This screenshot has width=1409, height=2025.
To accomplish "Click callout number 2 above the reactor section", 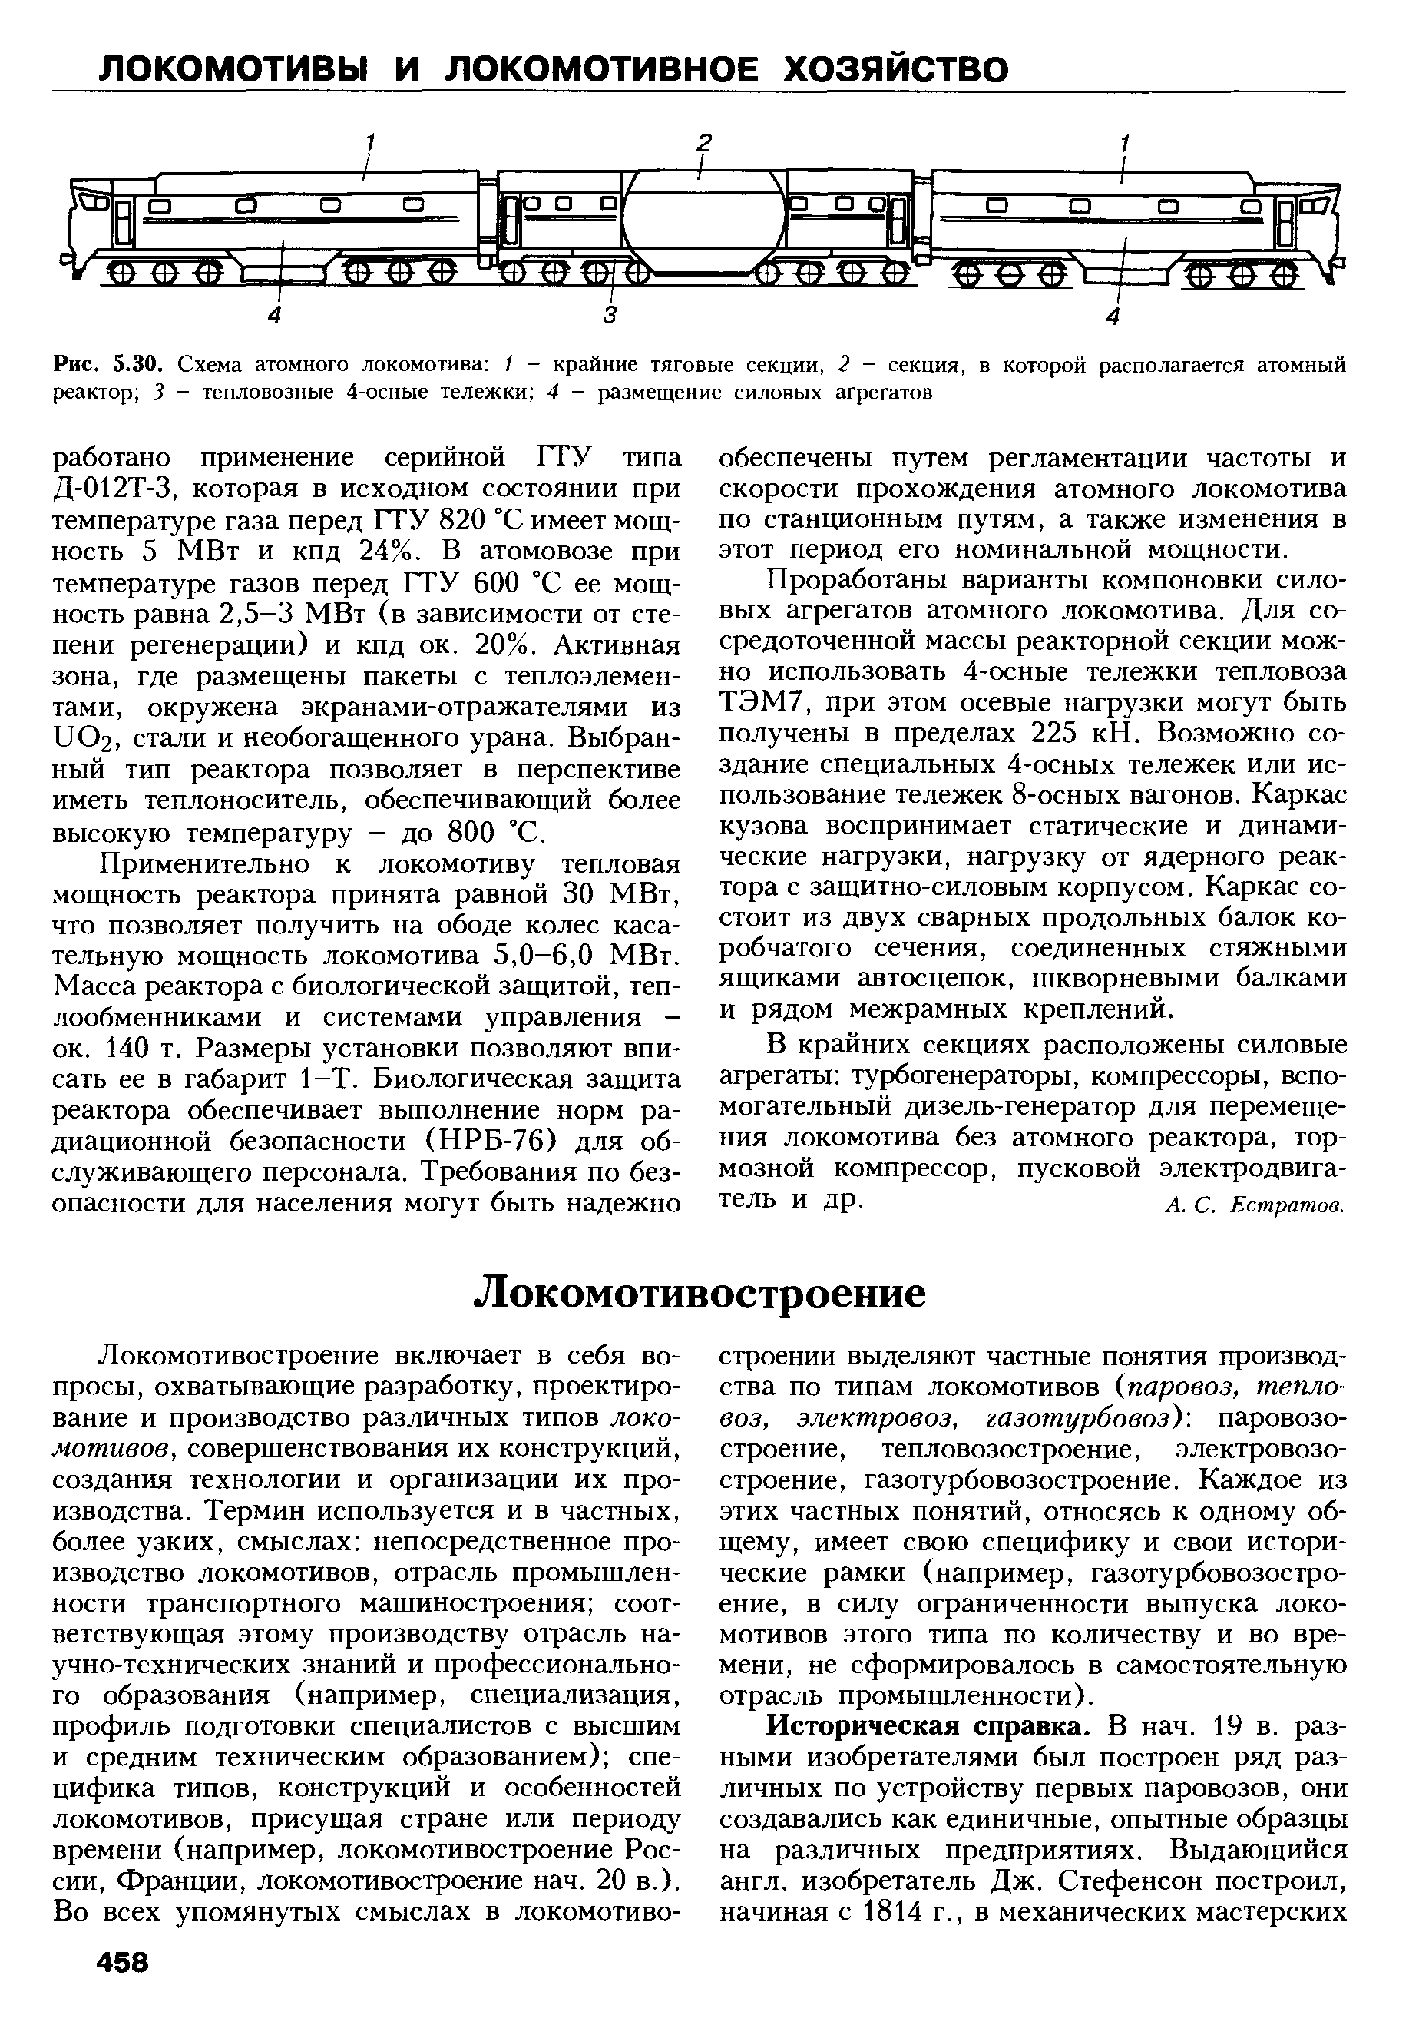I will pos(703,141).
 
